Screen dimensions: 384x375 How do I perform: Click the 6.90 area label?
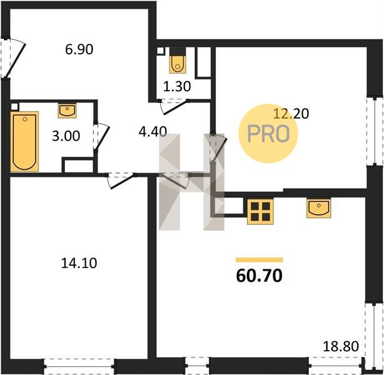(79, 49)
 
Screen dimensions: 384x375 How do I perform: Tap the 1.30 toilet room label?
(177, 87)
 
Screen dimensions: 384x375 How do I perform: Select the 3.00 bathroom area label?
(66, 136)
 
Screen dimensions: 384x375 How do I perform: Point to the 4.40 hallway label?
(153, 131)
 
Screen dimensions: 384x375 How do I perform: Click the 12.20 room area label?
(291, 114)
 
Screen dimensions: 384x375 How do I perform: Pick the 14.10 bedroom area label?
(79, 263)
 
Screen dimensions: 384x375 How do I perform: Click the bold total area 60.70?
(259, 276)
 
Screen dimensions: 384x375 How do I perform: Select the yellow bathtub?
(24, 141)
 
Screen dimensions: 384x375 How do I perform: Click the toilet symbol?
(178, 64)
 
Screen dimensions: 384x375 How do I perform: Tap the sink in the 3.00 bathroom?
(67, 111)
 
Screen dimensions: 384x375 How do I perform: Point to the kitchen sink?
(318, 208)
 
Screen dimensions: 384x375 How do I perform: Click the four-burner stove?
(260, 211)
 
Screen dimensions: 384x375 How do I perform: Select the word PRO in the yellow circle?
(268, 134)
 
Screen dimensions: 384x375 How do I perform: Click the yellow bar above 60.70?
(260, 260)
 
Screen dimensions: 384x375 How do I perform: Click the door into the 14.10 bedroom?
(121, 181)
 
